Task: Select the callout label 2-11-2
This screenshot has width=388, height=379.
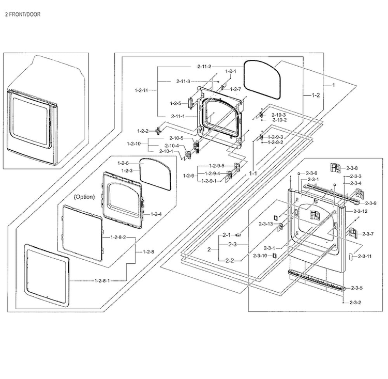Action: (204, 67)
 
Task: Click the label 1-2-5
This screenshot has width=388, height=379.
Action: (175, 103)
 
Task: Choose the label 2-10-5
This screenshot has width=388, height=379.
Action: (176, 138)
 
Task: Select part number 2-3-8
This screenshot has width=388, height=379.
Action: (352, 168)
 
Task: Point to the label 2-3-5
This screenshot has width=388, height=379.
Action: (356, 288)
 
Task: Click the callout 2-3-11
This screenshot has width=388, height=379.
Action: (365, 256)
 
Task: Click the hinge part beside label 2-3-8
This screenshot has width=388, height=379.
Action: (334, 167)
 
